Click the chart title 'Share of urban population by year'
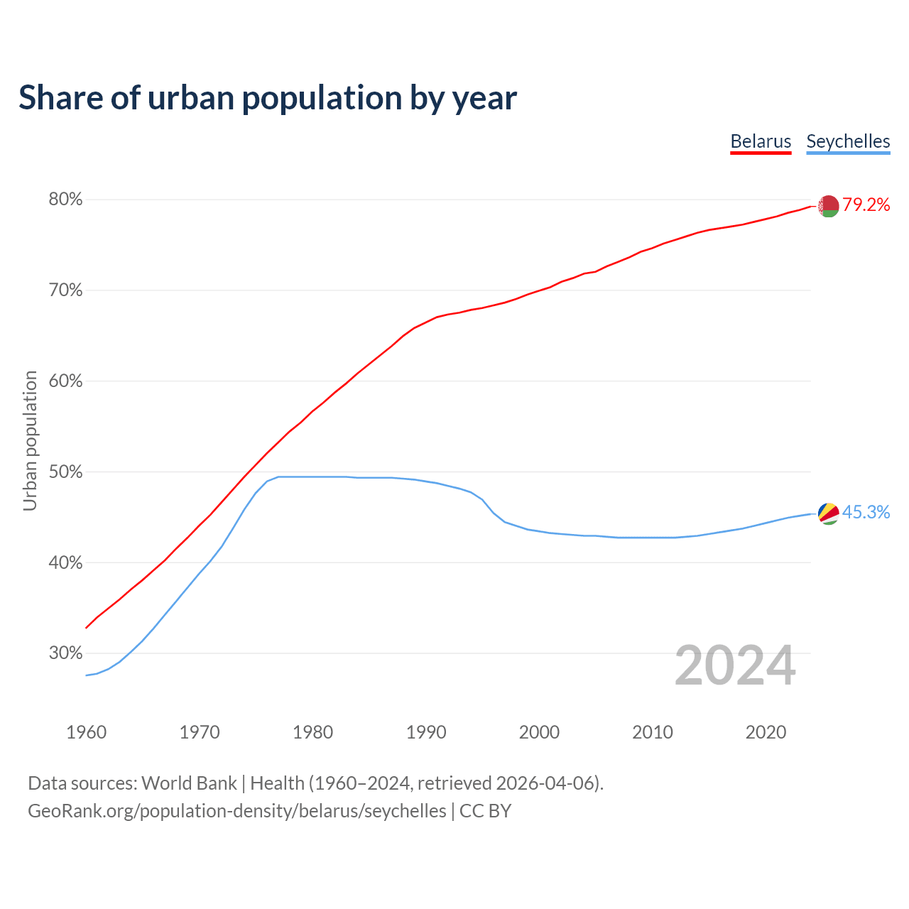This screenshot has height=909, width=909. (267, 98)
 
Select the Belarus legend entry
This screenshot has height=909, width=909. (761, 141)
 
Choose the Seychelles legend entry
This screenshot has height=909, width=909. (848, 141)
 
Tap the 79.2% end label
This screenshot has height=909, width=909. (866, 205)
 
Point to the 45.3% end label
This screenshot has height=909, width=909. (866, 513)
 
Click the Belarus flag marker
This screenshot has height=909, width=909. (829, 206)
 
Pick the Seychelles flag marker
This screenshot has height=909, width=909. (829, 513)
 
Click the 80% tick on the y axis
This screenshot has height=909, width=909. (65, 200)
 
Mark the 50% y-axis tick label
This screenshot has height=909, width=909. (65, 472)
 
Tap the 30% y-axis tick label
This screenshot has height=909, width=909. (65, 653)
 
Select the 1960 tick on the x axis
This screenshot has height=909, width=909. (86, 732)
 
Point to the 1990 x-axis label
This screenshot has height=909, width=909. (426, 732)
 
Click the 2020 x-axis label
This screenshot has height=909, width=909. (766, 732)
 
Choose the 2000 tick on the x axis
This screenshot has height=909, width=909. (539, 732)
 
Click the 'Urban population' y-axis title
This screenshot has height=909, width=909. (30, 440)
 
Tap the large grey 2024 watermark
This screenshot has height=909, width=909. (735, 665)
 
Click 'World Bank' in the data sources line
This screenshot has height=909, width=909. (189, 783)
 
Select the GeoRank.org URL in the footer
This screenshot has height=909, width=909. (237, 811)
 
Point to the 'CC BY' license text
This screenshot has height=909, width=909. (485, 811)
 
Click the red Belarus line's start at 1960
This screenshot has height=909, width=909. (87, 627)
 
